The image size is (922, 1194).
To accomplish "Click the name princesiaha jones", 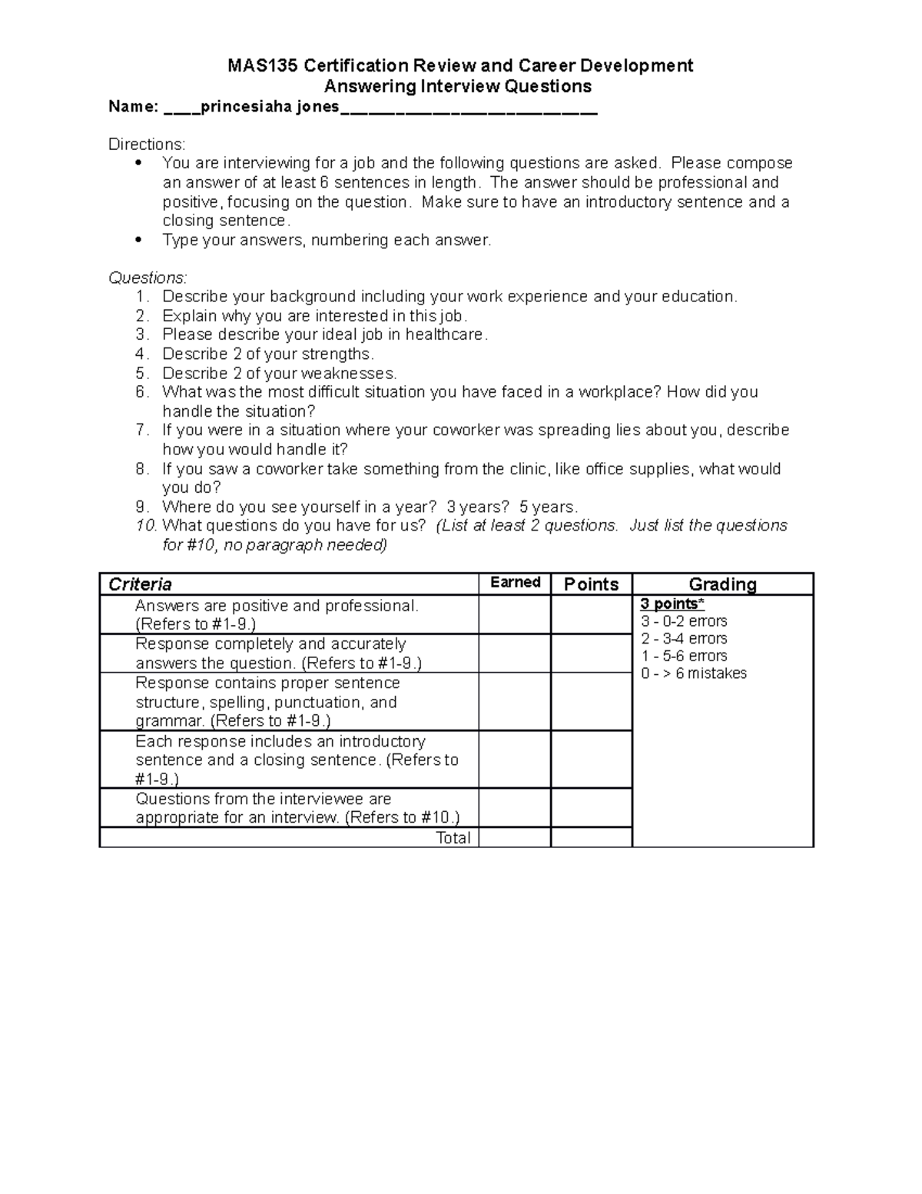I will point(270,107).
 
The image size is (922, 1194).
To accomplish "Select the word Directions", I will point(146,145).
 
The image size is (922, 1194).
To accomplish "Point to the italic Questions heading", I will point(148,278).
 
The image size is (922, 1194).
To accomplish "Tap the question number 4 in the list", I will point(141,354).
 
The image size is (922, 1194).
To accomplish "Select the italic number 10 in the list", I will point(146,526).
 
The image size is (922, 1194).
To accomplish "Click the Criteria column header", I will point(141,584).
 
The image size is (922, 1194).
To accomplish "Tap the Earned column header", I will point(515,583).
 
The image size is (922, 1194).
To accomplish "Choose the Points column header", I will point(591,584).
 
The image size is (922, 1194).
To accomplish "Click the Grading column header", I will point(722,584).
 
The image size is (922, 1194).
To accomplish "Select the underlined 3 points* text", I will point(672,604).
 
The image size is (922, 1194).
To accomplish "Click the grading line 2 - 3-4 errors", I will point(684,639).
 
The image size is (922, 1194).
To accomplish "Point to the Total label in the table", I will point(453,838).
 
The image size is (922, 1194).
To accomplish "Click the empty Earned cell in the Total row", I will point(515,838).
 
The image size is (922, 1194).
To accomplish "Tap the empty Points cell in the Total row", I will point(591,838).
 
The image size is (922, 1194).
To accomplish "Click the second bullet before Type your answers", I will point(138,241).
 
